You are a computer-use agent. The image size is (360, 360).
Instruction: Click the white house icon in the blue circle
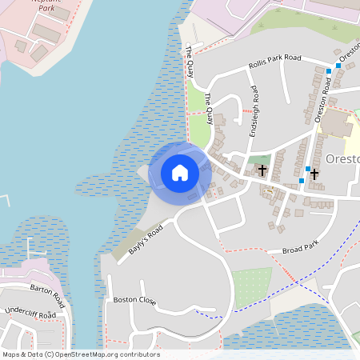(x=179, y=172)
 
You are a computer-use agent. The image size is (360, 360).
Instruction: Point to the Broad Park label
(x=300, y=249)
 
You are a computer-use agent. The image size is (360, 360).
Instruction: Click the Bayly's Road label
(x=145, y=239)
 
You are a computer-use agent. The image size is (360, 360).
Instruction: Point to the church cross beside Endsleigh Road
(x=262, y=170)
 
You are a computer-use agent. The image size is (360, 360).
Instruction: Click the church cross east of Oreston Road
(x=314, y=174)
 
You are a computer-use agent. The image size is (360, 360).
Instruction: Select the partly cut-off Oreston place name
(x=343, y=158)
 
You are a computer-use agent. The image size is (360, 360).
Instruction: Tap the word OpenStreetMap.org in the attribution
(x=85, y=354)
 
